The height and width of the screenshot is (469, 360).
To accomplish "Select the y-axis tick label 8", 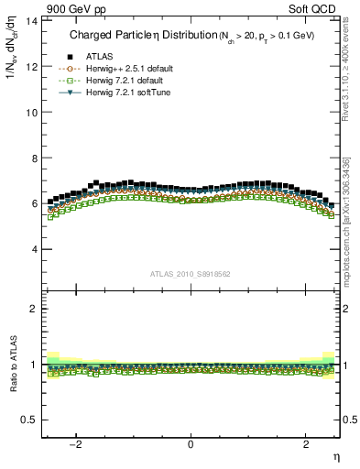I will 33,158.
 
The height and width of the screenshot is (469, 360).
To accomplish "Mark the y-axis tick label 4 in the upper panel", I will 33,249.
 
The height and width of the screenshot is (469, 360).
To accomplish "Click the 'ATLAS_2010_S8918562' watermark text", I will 191,273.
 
